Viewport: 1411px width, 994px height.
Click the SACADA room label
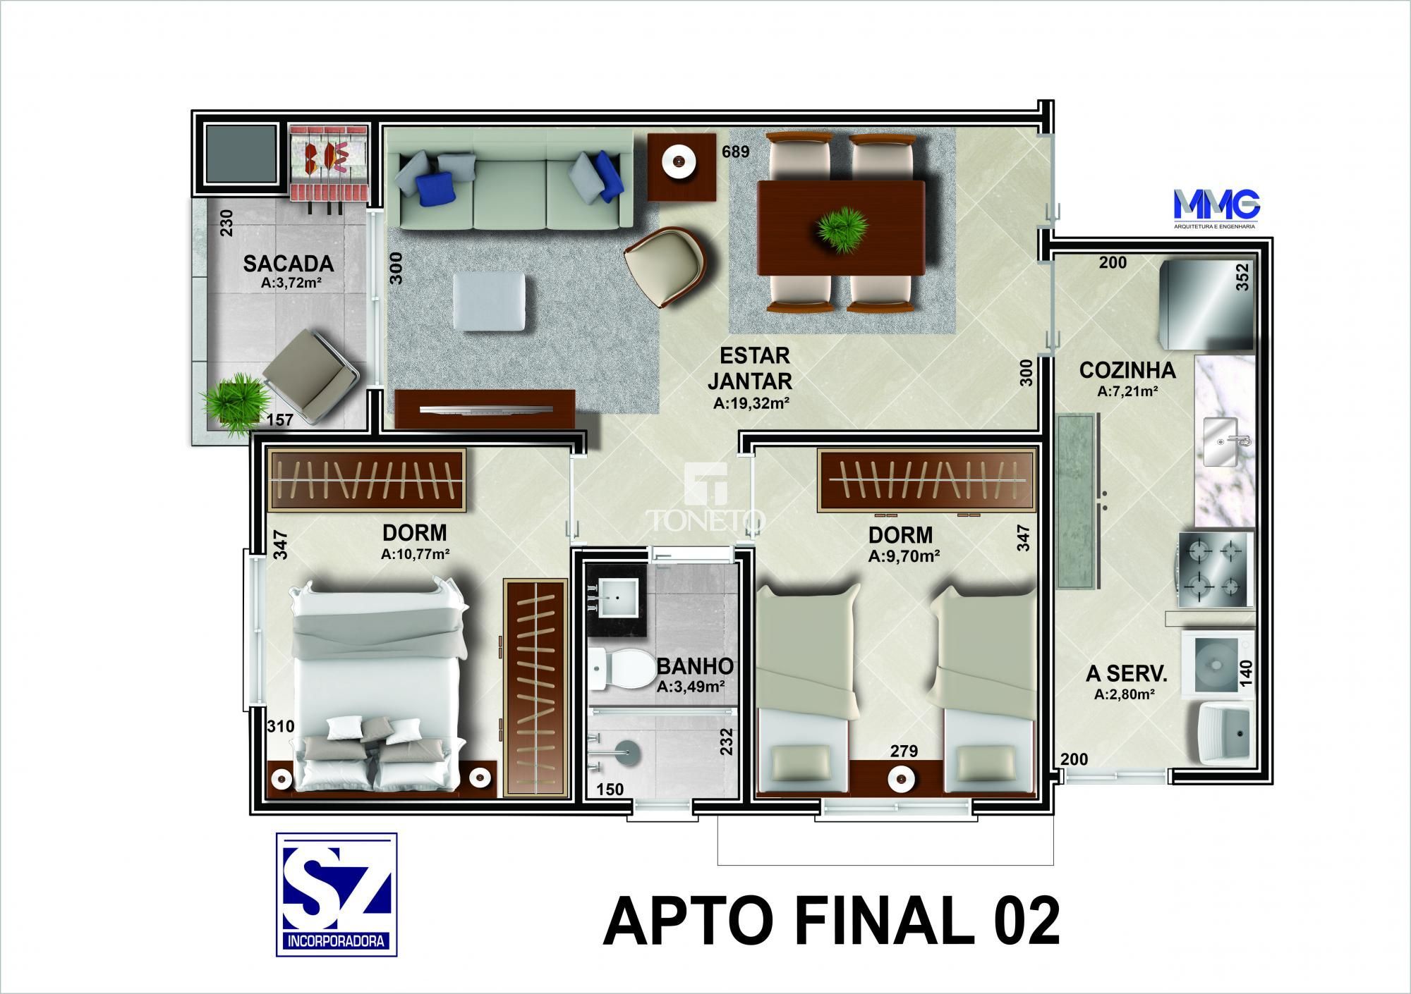click(x=288, y=264)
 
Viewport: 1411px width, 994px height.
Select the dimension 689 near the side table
click(x=735, y=151)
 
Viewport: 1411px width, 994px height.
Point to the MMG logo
click(x=1216, y=205)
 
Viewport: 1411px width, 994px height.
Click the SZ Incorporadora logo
click(x=337, y=894)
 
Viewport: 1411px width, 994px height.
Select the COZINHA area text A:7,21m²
click(x=1127, y=392)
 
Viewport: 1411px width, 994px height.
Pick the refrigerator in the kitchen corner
click(x=1209, y=304)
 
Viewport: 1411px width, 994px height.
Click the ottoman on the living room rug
click(x=488, y=302)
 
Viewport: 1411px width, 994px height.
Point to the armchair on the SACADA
click(x=312, y=377)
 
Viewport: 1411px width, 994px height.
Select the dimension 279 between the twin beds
click(x=904, y=751)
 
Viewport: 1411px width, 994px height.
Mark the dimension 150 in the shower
click(x=610, y=789)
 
